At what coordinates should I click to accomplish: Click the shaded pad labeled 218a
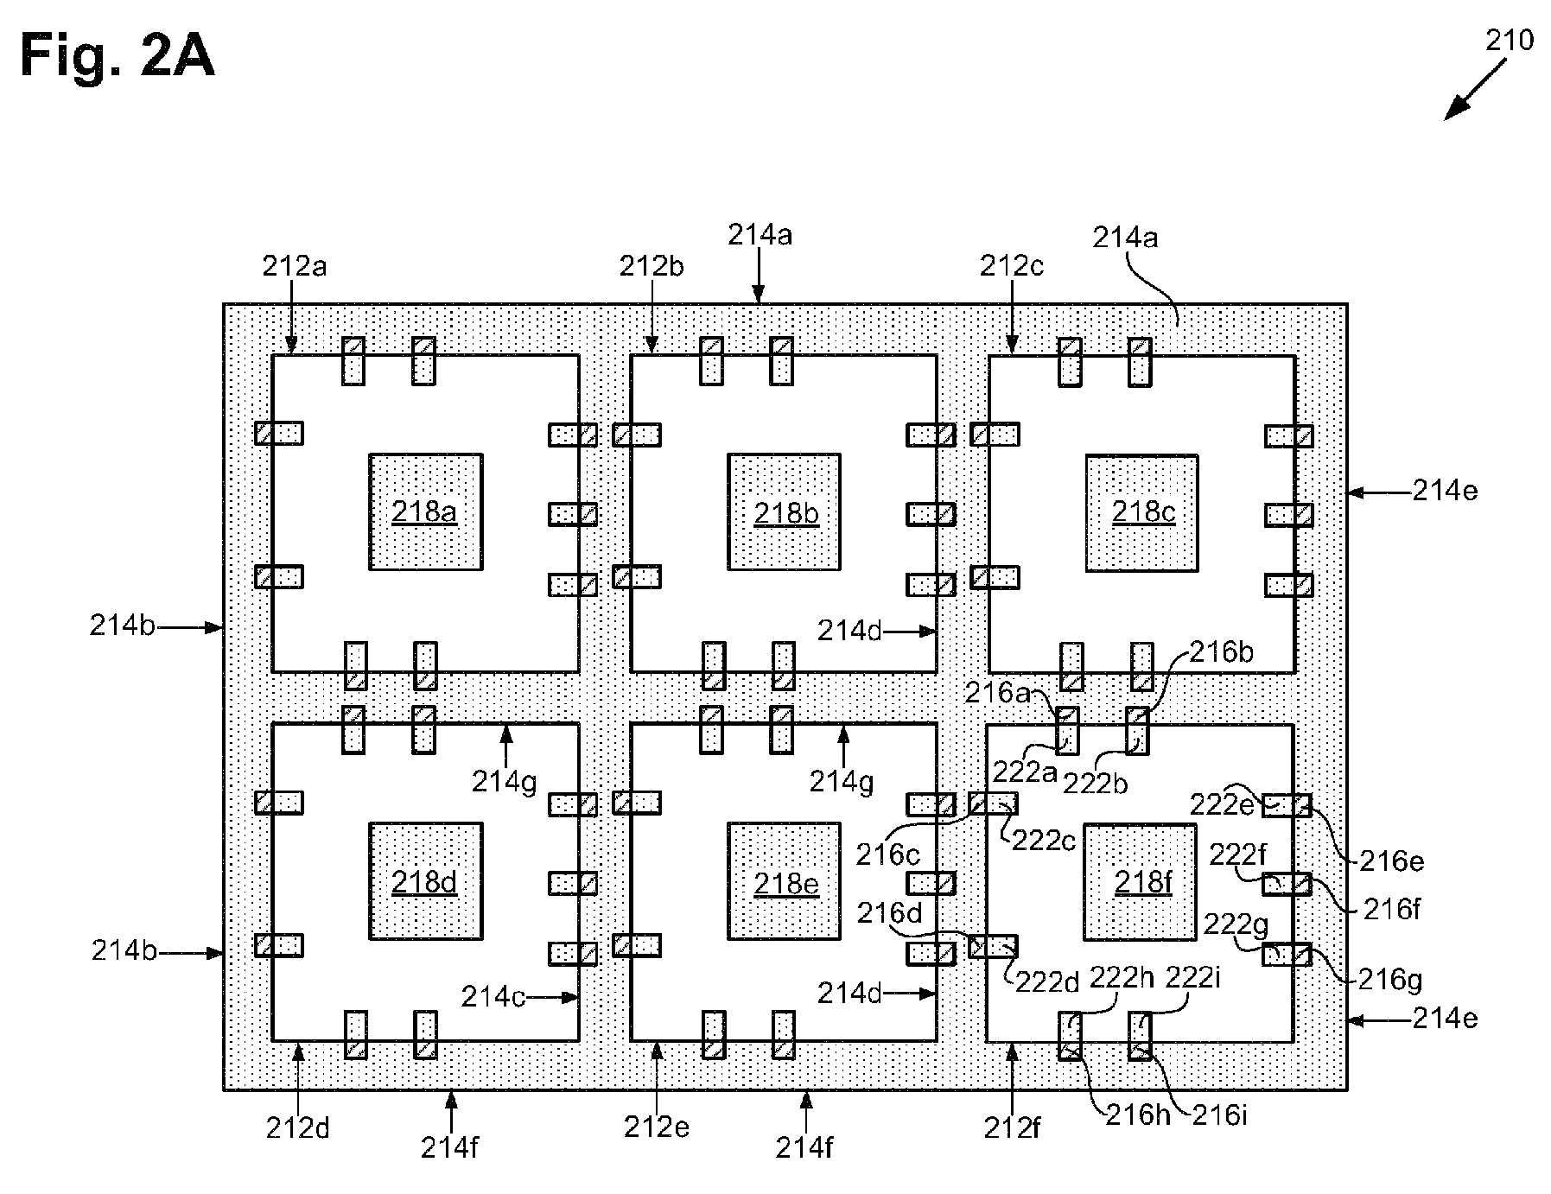tap(425, 511)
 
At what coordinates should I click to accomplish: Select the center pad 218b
tap(784, 511)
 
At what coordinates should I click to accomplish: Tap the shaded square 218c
tap(1141, 511)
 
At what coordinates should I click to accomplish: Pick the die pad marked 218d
tap(425, 880)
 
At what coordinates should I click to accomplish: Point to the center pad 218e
tap(784, 880)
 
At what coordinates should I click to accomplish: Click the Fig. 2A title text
tap(118, 56)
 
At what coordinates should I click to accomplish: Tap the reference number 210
tap(1510, 40)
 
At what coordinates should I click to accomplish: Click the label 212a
tap(295, 266)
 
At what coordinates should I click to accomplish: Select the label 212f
tap(1013, 1127)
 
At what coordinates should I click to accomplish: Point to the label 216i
tap(1219, 1115)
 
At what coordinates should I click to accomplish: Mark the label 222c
tap(1044, 840)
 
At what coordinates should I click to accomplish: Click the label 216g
tap(1390, 979)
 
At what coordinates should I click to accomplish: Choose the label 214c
tap(493, 996)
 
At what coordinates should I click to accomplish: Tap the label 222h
tap(1121, 977)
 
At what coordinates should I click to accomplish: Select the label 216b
tap(1221, 651)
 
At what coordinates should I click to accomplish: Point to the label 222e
tap(1222, 804)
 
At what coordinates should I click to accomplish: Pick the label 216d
tap(889, 912)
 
